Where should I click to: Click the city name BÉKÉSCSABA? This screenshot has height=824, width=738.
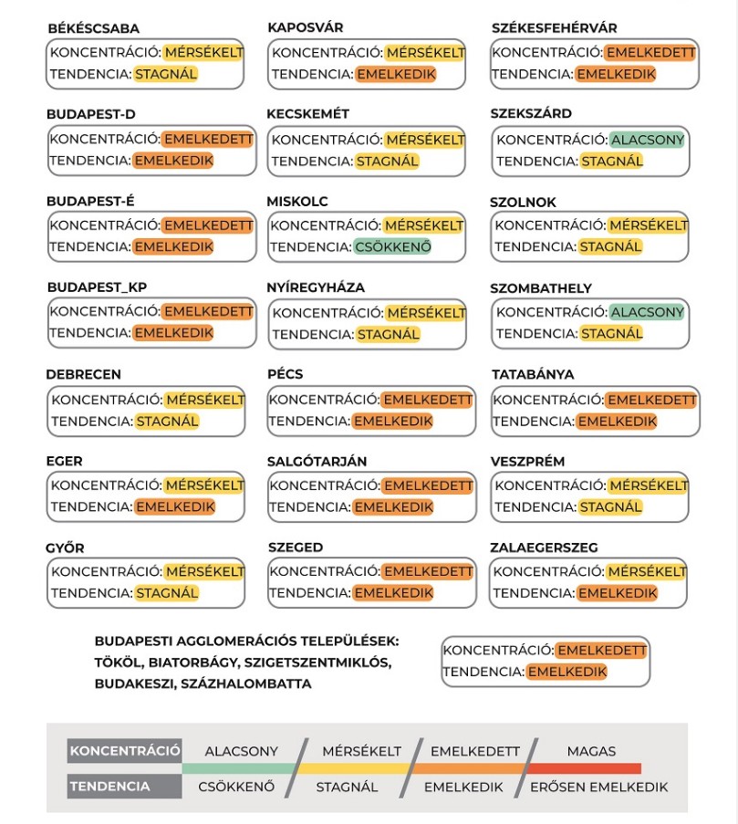[x=94, y=28]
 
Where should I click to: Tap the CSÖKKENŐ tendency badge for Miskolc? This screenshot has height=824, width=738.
[x=392, y=246]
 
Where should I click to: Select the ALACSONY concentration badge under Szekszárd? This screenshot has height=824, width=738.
[x=647, y=140]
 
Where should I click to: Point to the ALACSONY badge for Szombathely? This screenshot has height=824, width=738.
[x=647, y=312]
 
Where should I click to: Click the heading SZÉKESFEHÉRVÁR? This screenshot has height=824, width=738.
[x=554, y=28]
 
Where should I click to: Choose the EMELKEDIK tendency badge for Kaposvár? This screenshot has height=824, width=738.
[x=395, y=74]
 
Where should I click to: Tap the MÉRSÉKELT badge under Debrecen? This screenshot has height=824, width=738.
[x=204, y=400]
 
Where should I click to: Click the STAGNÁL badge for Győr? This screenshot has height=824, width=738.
[x=167, y=593]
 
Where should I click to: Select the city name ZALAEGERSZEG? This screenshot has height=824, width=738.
[x=544, y=548]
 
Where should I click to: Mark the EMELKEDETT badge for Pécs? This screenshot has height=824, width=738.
[x=427, y=400]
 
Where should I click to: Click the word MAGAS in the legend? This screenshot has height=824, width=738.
[x=591, y=751]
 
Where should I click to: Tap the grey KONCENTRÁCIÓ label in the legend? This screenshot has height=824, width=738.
[x=124, y=751]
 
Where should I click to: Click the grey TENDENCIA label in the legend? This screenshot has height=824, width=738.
[x=110, y=787]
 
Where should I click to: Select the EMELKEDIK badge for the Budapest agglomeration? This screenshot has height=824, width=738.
[x=566, y=672]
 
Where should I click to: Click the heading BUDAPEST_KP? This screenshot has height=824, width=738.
[x=97, y=287]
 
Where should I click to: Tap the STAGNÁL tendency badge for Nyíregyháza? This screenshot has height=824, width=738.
[x=388, y=334]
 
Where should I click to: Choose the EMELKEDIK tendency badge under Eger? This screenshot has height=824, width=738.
[x=174, y=506]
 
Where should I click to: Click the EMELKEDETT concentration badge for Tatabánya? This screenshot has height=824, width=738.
[x=650, y=400]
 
